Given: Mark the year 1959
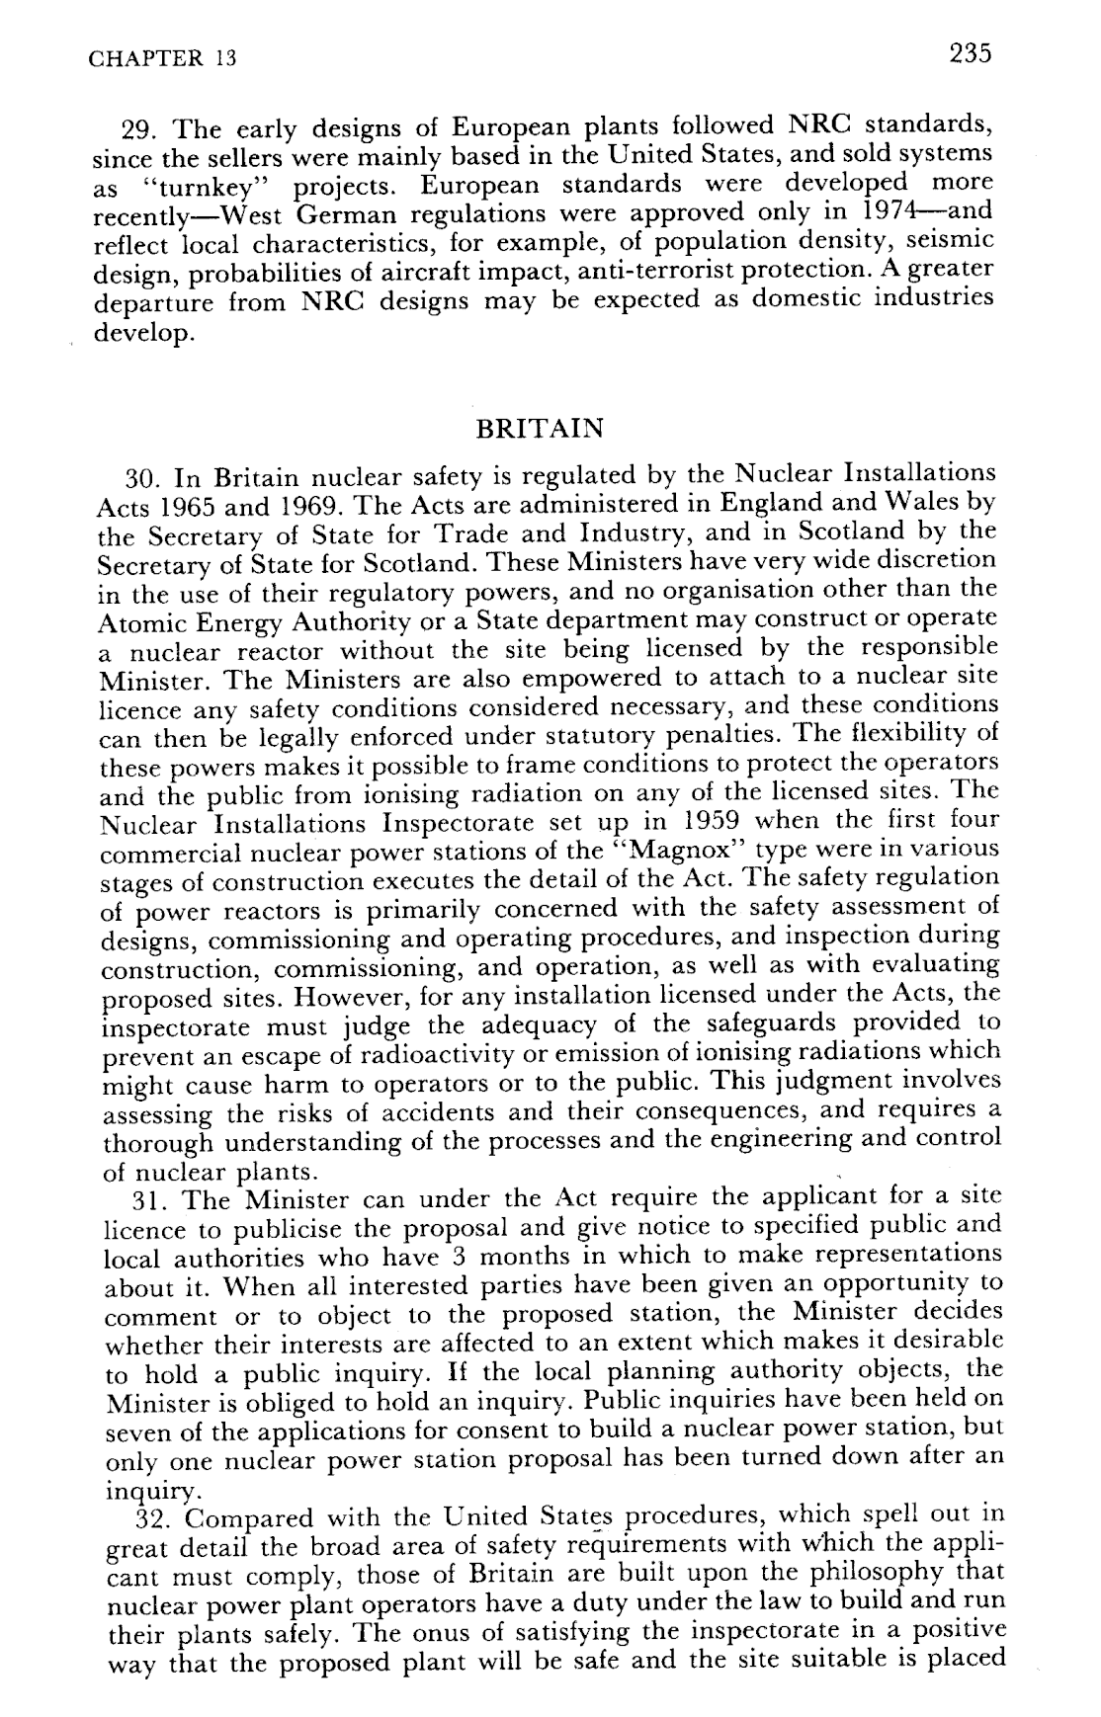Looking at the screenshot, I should tap(709, 821).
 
